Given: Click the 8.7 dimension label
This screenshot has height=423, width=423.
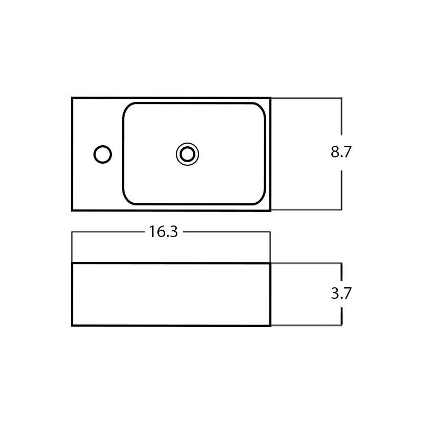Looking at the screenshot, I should [x=341, y=152].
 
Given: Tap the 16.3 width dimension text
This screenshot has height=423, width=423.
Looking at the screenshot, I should [x=163, y=232].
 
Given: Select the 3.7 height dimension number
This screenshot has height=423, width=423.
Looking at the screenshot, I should [x=341, y=294].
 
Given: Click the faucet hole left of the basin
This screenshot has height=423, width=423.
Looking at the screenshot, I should [x=102, y=154].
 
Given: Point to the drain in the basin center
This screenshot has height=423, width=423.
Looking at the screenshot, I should [x=187, y=154].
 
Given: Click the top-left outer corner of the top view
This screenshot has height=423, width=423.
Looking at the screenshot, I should [x=72, y=98].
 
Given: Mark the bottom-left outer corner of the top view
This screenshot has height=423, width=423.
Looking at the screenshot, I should [x=72, y=210].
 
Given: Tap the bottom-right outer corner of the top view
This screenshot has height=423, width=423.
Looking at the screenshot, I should [x=270, y=210].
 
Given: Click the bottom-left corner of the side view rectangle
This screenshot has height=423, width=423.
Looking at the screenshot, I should [x=72, y=325].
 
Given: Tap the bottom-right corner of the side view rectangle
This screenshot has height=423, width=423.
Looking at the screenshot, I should [x=270, y=325].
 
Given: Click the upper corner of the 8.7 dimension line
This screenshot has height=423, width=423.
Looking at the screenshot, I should [x=341, y=98].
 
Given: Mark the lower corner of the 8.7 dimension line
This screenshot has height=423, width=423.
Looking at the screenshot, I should [x=341, y=210].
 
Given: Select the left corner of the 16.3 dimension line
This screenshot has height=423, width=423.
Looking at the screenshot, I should [x=72, y=232].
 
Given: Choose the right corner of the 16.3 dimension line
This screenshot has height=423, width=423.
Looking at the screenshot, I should [x=270, y=232].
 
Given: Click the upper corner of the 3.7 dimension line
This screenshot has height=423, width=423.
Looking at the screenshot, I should [x=341, y=263].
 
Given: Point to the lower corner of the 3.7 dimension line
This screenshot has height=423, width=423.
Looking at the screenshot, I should [x=341, y=325].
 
